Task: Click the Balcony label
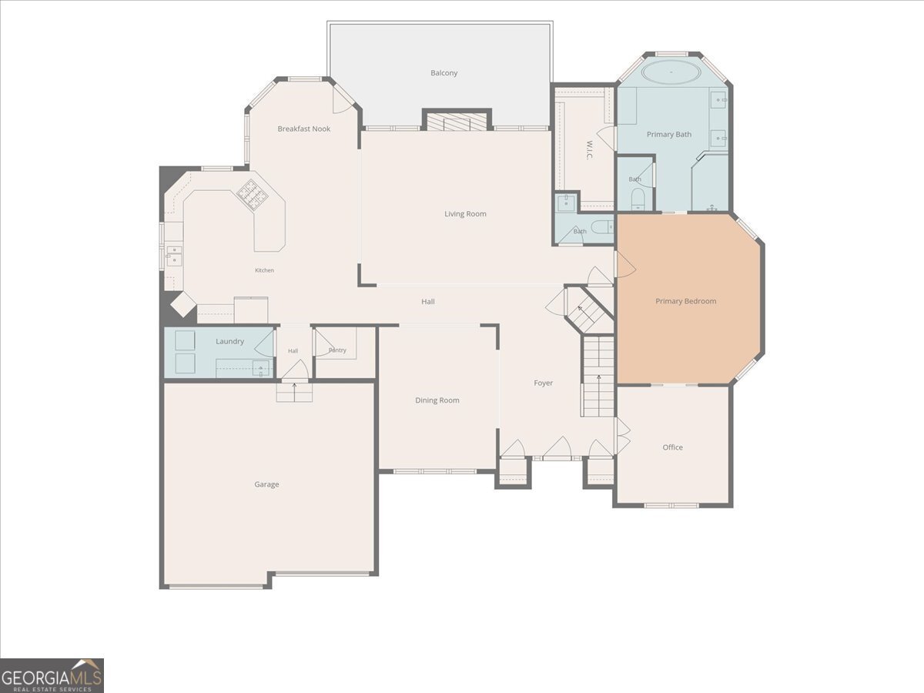click(444, 73)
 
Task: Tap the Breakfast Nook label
click(304, 129)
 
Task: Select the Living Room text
click(465, 214)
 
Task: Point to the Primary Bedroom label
click(686, 301)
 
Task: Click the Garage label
click(266, 484)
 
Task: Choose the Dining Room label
click(437, 400)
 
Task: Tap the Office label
click(673, 447)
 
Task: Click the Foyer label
click(543, 383)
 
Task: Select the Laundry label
click(229, 341)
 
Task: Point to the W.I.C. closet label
click(589, 150)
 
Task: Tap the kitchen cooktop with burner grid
click(252, 194)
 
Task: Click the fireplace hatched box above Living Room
click(457, 121)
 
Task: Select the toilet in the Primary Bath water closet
click(638, 199)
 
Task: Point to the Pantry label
click(337, 350)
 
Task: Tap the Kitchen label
click(264, 270)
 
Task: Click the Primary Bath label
click(669, 135)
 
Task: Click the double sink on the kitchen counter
click(174, 256)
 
